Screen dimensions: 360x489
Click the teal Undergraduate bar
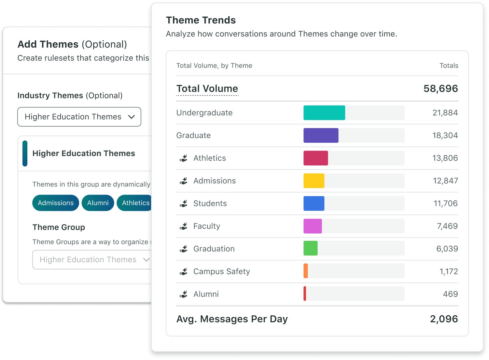pos(324,113)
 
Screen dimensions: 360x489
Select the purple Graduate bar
pos(321,136)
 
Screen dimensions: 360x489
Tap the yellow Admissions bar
pos(314,181)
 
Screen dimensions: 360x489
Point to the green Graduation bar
pos(310,249)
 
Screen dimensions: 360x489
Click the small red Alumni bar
pos(305,294)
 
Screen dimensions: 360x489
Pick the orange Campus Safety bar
pos(306,271)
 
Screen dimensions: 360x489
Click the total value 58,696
pos(440,89)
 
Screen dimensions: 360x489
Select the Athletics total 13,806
pos(445,158)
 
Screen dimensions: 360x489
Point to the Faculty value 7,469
pos(447,226)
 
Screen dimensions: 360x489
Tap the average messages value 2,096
pos(444,319)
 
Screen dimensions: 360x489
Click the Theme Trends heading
pos(201,20)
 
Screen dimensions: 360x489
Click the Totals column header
pos(449,66)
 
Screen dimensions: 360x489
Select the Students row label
pos(210,204)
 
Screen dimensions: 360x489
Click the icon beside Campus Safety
pos(184,271)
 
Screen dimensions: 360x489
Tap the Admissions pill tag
pos(56,203)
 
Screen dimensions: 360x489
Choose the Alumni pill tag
pos(98,203)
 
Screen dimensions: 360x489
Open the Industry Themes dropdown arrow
pos(132,117)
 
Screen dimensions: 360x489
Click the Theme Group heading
pos(59,227)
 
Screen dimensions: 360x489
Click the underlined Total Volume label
pos(207,89)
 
